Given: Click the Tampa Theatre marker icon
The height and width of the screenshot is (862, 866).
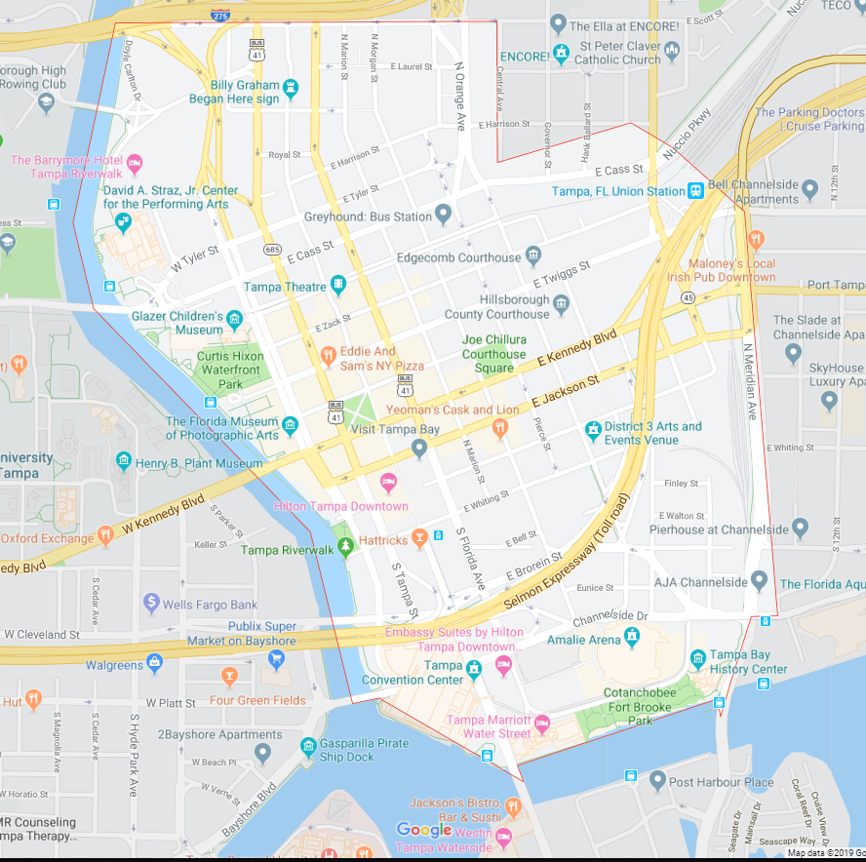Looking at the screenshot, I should coord(337,285).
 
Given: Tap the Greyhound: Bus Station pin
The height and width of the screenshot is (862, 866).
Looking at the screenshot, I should coord(443,214).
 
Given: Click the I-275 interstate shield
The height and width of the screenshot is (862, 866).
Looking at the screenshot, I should coord(221,14).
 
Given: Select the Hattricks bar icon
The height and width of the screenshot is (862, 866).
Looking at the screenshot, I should coord(419,537).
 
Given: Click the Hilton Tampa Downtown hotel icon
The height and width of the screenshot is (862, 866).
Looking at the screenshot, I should coord(388,483).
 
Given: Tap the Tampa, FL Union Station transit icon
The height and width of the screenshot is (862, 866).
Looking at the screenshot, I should coord(696,191).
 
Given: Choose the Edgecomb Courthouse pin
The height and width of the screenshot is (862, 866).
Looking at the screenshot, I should coord(532,256).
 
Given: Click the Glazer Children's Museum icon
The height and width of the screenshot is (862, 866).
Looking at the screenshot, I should coord(234,319).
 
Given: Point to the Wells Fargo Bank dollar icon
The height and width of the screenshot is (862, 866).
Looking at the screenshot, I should coord(151,604).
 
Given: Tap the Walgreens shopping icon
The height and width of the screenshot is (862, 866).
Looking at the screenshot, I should coord(154,664).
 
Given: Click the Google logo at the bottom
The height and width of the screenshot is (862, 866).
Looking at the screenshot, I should coord(424,830).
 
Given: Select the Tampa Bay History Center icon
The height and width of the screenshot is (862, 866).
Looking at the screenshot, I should coord(698,659).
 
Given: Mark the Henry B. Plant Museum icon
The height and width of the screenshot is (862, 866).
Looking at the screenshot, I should coord(123,461).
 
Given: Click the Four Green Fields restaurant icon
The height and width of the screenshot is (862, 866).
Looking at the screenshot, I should coord(229,676).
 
